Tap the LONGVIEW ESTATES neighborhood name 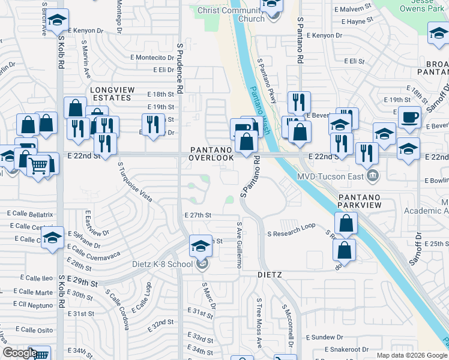click(110, 94)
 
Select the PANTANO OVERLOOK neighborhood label click(211, 153)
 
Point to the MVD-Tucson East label click(331, 176)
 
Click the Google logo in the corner click(20, 353)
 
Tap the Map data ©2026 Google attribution click(411, 355)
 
